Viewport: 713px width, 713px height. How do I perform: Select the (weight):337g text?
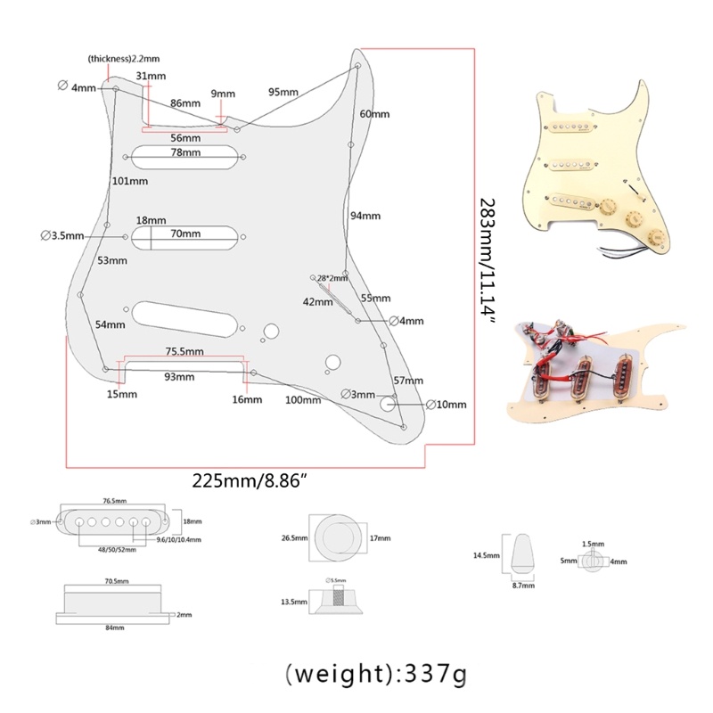click(374, 676)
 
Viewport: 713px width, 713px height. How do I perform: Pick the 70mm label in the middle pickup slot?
click(185, 234)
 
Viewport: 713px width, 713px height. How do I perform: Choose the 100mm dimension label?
click(302, 400)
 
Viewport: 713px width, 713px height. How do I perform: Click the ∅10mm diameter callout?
click(447, 405)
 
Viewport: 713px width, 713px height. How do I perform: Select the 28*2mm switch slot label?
click(332, 279)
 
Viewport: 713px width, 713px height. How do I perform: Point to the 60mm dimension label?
click(374, 115)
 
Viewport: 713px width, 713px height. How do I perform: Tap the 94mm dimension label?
click(365, 217)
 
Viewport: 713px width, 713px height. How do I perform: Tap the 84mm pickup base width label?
click(115, 628)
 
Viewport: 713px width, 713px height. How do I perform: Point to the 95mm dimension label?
click(283, 93)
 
